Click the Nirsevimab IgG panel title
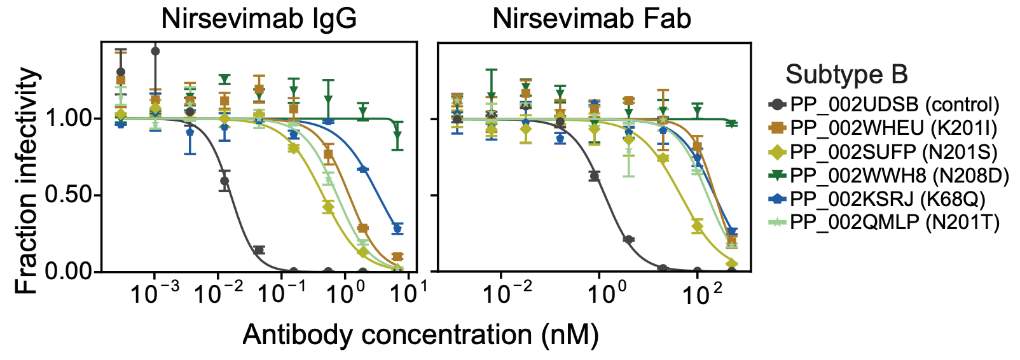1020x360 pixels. coord(259,19)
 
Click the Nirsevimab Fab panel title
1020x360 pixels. coord(591,19)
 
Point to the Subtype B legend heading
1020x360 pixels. coord(846,74)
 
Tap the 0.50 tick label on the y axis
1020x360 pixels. coord(71,195)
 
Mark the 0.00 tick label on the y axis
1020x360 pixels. coord(71,272)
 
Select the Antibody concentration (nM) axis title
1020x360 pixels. coord(420,335)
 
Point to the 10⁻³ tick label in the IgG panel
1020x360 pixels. coord(154,294)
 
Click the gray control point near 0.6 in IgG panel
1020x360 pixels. coord(224,181)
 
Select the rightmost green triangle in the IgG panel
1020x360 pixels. coord(397,135)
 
